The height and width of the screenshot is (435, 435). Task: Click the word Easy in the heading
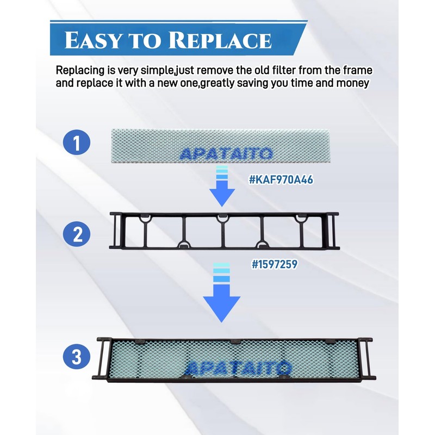(92, 41)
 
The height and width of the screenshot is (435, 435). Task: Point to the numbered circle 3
(77, 357)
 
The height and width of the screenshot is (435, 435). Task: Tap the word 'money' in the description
(355, 83)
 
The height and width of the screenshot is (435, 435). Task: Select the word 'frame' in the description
(357, 71)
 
